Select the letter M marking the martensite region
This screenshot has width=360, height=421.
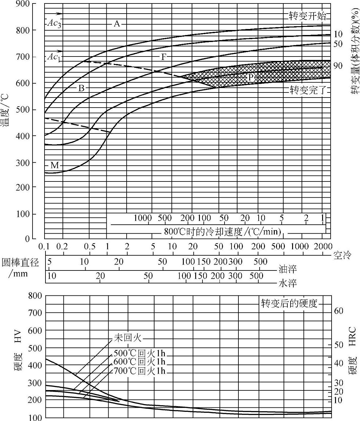pos(55,165)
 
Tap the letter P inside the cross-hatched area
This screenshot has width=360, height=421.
pos(251,77)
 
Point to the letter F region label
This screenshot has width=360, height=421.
pos(164,57)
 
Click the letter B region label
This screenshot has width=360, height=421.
pos(81,88)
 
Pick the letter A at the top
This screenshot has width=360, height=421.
pos(117,23)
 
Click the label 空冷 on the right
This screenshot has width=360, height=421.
pos(342,255)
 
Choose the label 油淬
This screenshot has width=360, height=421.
pos(287,269)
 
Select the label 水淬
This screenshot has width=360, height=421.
pos(287,283)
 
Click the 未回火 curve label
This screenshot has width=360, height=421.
pos(127,338)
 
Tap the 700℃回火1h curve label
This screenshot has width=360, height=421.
pos(139,371)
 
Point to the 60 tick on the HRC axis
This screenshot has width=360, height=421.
pos(339,311)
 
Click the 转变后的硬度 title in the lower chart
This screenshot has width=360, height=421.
pos(289,303)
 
